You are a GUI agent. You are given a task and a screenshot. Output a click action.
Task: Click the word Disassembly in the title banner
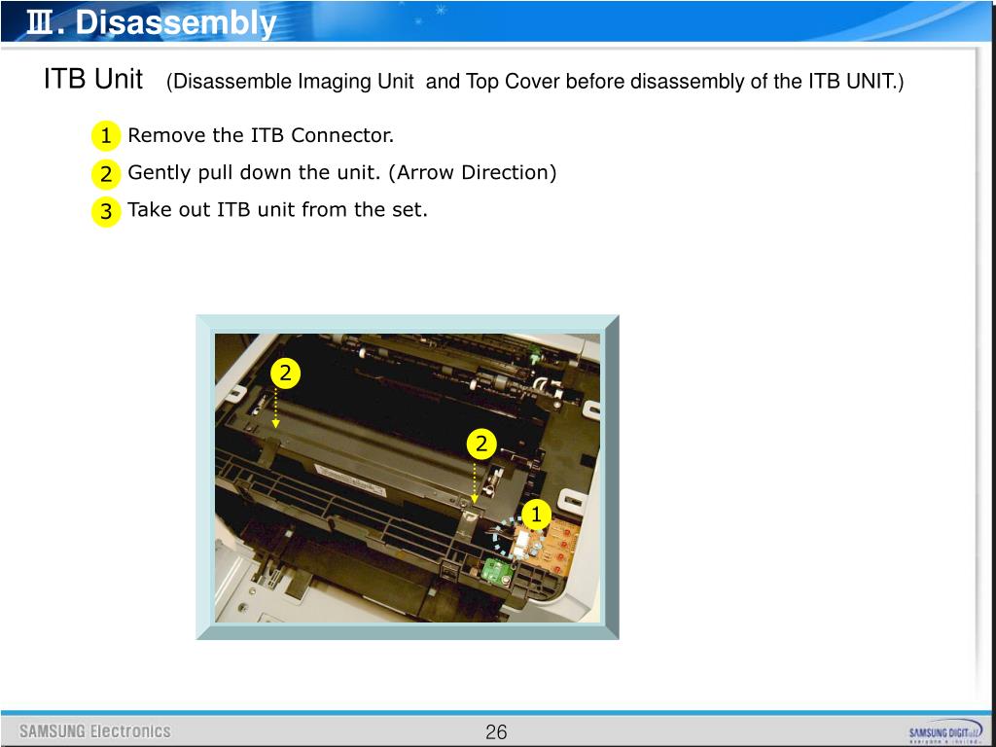(175, 23)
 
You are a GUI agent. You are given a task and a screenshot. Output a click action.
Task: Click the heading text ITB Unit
(93, 80)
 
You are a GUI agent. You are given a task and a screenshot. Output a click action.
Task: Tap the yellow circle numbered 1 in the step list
(105, 136)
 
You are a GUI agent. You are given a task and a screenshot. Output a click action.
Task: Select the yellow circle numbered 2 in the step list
(105, 173)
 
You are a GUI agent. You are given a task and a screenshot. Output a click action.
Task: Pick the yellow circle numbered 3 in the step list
(105, 211)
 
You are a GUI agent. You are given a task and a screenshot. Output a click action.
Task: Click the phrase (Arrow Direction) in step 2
(473, 173)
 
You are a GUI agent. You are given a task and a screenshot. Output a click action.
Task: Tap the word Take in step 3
(150, 210)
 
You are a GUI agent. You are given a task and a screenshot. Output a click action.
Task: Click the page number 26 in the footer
(496, 731)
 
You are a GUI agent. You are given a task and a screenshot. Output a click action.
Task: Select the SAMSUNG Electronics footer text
(94, 731)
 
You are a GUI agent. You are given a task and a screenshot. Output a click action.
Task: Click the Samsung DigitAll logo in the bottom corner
(946, 732)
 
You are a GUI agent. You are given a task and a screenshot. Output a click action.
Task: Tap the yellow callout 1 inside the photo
(536, 515)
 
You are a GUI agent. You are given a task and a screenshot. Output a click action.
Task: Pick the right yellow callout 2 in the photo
(480, 444)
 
